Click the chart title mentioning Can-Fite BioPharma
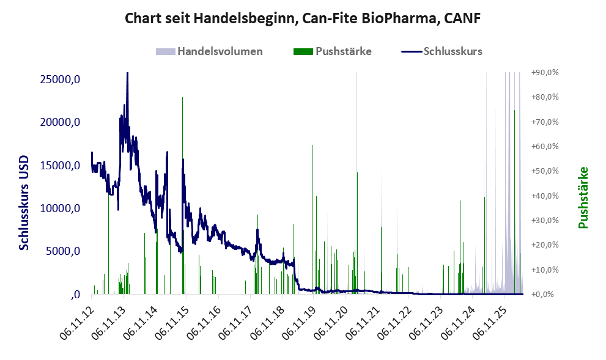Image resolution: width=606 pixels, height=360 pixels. (303, 18)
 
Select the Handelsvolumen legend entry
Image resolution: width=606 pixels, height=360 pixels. (209, 51)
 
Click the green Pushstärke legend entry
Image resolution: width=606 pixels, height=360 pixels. (333, 51)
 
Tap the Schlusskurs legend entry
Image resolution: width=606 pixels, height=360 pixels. (442, 51)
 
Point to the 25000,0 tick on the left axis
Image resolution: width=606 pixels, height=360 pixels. (60, 79)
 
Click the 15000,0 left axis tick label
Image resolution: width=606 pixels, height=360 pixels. (60, 165)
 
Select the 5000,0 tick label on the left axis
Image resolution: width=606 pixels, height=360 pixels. (62, 251)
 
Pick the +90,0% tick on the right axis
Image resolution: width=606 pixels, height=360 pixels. (545, 72)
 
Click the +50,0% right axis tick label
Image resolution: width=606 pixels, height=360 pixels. (545, 171)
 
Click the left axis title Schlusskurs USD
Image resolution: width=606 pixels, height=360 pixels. (24, 202)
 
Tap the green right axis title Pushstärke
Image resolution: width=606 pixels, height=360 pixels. (583, 197)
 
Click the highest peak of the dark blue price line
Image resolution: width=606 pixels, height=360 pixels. (128, 73)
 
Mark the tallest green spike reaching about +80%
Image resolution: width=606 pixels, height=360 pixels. (182, 196)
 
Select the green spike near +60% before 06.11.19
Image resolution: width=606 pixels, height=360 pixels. (312, 219)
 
